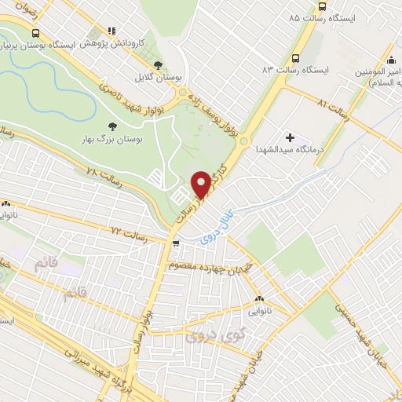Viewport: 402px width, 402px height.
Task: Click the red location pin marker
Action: pos(201,185)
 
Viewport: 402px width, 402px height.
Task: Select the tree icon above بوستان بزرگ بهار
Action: pos(111,124)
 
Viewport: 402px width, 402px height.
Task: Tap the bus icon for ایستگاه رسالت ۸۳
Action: pos(294,58)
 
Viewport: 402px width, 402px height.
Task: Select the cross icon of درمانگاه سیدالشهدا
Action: pos(290,137)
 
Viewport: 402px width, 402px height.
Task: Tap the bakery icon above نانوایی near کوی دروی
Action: pos(261,298)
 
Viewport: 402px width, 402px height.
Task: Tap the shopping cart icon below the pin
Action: pos(177,243)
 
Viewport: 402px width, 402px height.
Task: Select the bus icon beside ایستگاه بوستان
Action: pos(35,33)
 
